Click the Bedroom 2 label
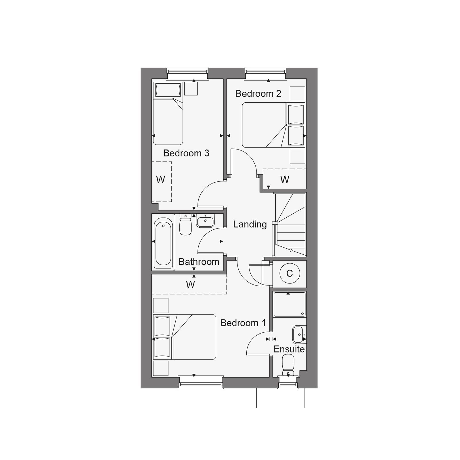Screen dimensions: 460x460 pos(258,94)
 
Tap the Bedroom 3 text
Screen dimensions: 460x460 pos(186,153)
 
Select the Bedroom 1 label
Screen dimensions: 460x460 pos(243,323)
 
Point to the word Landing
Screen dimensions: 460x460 pos(250,225)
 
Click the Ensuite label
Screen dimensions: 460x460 pos(289,349)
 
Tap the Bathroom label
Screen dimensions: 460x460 pos(199,262)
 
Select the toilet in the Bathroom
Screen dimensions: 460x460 pos(185,224)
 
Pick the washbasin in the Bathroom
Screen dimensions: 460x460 pos(205,221)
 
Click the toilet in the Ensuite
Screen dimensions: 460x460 pos(288,365)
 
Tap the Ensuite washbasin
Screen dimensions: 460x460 pos(299,335)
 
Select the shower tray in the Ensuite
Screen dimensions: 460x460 pos(290,304)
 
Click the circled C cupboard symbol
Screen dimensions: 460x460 pos(290,273)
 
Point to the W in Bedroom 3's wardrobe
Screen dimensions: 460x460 pos(160,180)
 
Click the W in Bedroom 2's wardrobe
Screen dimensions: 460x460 pos(285,180)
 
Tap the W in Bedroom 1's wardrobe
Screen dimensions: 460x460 pos(190,285)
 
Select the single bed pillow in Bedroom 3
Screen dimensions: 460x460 pos(168,90)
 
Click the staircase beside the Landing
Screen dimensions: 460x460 pos(290,225)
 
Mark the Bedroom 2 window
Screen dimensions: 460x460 pos(265,73)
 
